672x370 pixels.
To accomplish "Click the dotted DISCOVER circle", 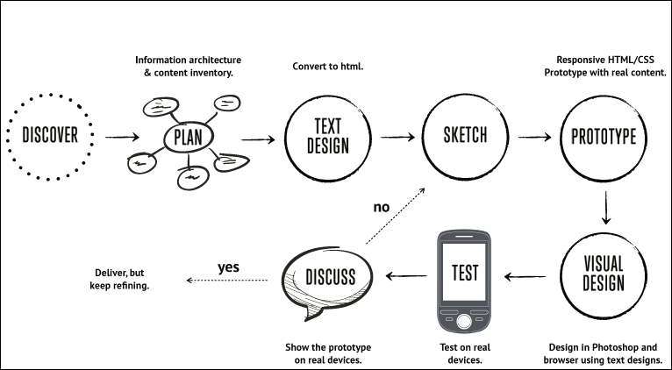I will click(50, 135).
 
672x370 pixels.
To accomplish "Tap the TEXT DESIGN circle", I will click(327, 137).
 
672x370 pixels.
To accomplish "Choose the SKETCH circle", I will click(465, 136).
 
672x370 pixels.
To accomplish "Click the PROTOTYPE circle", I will click(604, 137).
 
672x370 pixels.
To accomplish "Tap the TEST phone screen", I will click(464, 271).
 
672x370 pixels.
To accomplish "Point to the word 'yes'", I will click(230, 266).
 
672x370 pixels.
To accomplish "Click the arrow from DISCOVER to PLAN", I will click(121, 138).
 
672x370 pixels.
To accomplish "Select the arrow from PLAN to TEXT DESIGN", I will click(257, 139).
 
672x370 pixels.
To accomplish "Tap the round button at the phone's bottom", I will click(464, 319).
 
